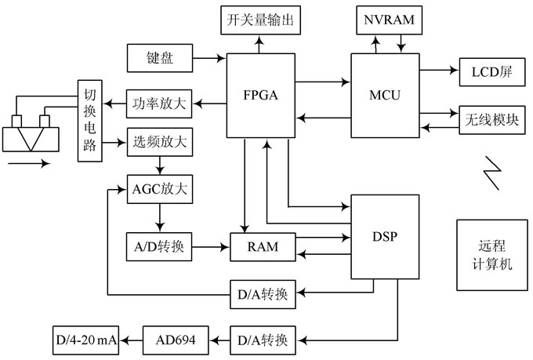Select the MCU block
[384, 96]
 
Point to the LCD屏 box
[491, 71]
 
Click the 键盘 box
[160, 57]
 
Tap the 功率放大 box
[160, 102]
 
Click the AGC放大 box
[160, 188]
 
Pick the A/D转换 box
[160, 247]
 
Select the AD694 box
[176, 340]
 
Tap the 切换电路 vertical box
[89, 121]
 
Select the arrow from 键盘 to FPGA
[208, 57]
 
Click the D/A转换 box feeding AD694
[259, 340]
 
